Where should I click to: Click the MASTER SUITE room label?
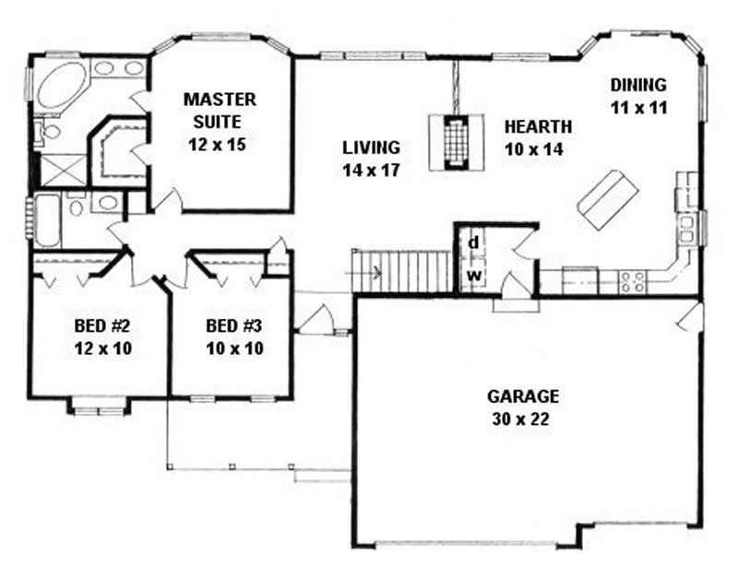pyautogui.click(x=220, y=111)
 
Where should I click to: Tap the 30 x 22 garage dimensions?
pyautogui.click(x=521, y=419)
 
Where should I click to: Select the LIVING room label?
pyautogui.click(x=371, y=148)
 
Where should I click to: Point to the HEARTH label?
pyautogui.click(x=538, y=126)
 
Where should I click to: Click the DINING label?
pyautogui.click(x=638, y=85)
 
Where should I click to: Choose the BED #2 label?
pyautogui.click(x=102, y=325)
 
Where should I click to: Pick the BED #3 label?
pyautogui.click(x=234, y=325)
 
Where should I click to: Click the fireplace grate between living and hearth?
pyautogui.click(x=456, y=142)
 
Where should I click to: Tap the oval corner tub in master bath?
pyautogui.click(x=62, y=85)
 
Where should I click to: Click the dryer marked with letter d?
pyautogui.click(x=473, y=243)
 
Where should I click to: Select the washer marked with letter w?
pyautogui.click(x=474, y=275)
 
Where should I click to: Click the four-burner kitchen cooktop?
pyautogui.click(x=633, y=281)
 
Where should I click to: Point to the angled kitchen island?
pyautogui.click(x=608, y=199)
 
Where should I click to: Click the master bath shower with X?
pyautogui.click(x=63, y=171)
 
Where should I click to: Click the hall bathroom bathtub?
pyautogui.click(x=47, y=219)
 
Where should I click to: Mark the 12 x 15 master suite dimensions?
pyautogui.click(x=217, y=145)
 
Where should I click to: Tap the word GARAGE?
pyautogui.click(x=523, y=396)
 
